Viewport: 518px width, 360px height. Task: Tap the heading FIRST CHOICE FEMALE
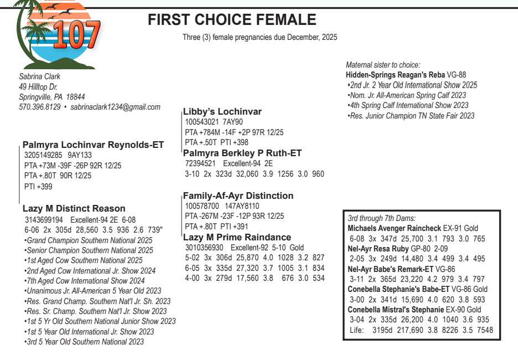(232, 20)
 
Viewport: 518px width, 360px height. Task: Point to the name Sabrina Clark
(40, 76)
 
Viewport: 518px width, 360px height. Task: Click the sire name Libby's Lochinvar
(222, 112)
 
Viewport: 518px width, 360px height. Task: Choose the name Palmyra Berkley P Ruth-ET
(242, 153)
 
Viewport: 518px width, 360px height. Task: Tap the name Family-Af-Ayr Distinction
(238, 196)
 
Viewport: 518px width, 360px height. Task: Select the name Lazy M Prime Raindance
(237, 237)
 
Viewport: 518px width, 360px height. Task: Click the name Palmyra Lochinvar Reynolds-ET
(93, 145)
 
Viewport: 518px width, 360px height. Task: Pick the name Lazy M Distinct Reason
(74, 209)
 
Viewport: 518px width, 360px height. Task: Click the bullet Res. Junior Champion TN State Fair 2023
(411, 116)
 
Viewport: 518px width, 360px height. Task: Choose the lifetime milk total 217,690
(409, 331)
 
